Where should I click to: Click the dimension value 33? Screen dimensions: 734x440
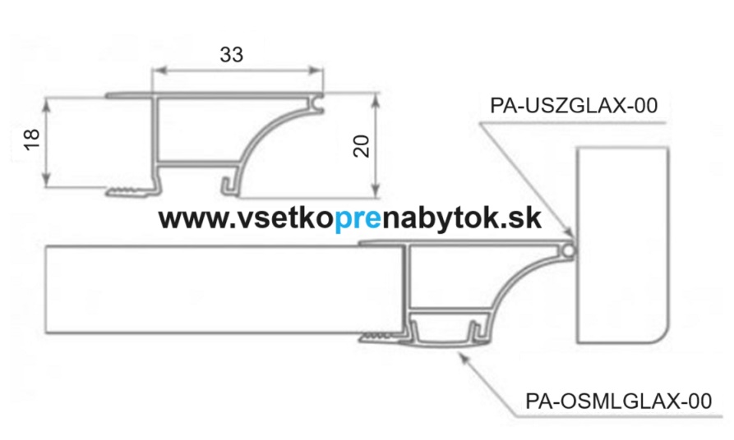tap(231, 55)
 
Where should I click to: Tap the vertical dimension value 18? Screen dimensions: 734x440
tap(31, 140)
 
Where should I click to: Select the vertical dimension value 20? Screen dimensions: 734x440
tap(362, 146)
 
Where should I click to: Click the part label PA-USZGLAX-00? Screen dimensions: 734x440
tap(574, 106)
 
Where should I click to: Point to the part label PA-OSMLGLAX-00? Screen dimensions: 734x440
tap(618, 401)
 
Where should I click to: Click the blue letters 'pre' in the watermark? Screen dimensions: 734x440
tap(358, 218)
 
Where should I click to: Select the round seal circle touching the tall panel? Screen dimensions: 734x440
tap(568, 251)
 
